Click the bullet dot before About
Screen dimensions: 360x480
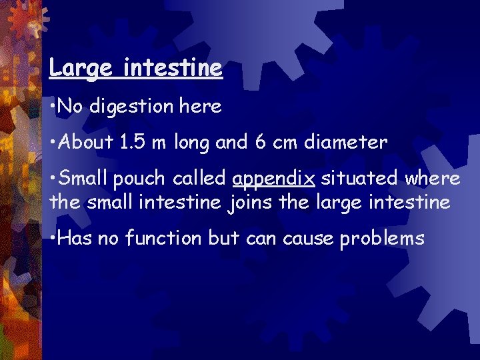click(x=53, y=142)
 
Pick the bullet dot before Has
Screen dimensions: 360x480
click(x=53, y=238)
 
